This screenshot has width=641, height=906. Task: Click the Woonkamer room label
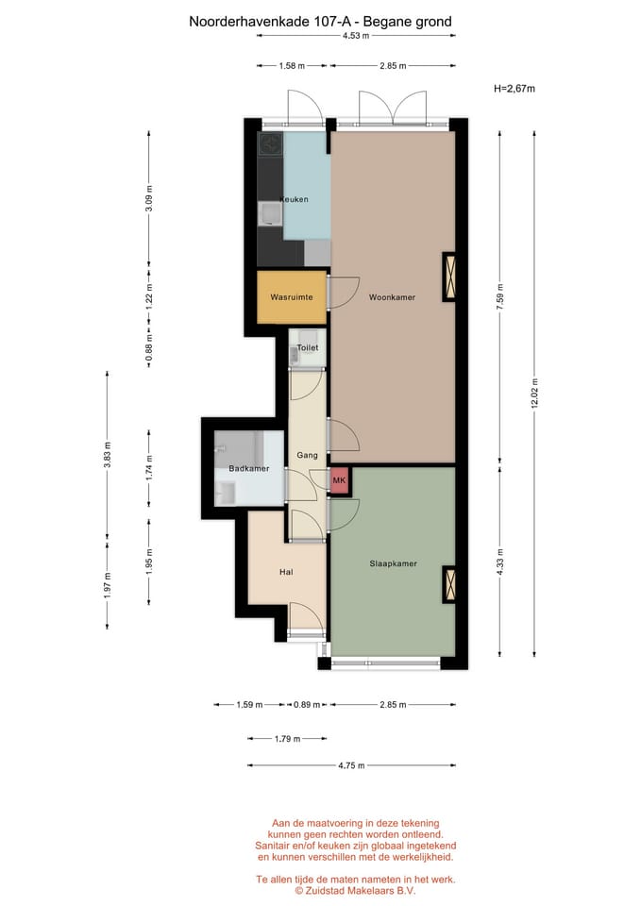[x=392, y=297]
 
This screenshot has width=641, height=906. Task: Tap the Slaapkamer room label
[x=393, y=563]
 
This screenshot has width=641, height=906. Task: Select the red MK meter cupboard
[x=339, y=480]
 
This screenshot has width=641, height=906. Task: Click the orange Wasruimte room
[x=292, y=297]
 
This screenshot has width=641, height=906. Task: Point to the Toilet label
[x=308, y=348]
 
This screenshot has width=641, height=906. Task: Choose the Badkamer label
[x=249, y=469]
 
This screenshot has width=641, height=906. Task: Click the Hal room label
[x=286, y=572]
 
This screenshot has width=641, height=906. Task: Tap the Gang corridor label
[x=307, y=455]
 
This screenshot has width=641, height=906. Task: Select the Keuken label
[x=295, y=199]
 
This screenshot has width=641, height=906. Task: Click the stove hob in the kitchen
[x=271, y=143]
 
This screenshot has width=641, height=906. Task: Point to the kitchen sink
[x=271, y=214]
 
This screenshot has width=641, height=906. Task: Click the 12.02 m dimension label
[x=534, y=394]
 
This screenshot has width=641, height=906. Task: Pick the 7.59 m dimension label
[x=500, y=297]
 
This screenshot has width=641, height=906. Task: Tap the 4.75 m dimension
[x=351, y=765]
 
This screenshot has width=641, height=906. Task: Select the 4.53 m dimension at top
[x=356, y=35]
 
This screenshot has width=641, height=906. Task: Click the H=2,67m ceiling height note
[x=514, y=89]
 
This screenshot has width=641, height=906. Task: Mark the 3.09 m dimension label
[x=149, y=199]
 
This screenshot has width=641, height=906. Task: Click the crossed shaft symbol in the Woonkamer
[x=449, y=277]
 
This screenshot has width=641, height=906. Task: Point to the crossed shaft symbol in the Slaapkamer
[x=449, y=584]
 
